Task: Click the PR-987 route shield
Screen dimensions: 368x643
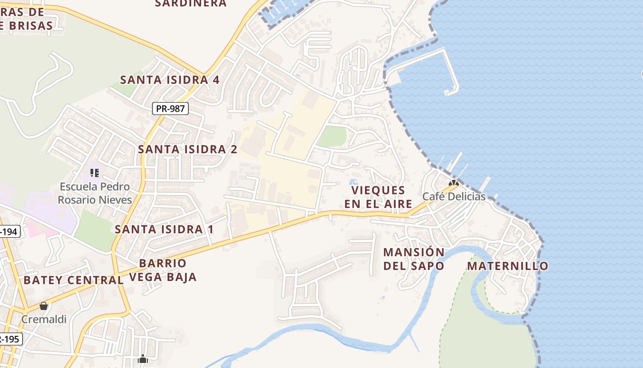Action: tap(170, 109)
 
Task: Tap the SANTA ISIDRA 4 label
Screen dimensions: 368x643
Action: tap(170, 80)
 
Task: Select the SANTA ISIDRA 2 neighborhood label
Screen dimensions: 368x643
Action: tap(187, 149)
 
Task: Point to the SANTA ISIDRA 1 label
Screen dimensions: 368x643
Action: tap(164, 229)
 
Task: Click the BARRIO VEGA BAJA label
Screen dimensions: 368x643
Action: tap(163, 270)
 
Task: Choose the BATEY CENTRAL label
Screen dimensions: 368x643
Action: tap(73, 280)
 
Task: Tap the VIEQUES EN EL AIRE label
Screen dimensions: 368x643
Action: tap(375, 197)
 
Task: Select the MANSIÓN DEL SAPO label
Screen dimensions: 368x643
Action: tap(413, 259)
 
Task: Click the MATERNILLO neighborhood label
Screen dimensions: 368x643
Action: tap(508, 266)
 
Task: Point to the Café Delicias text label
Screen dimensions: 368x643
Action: tap(454, 196)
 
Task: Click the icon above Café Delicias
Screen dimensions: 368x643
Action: tap(454, 183)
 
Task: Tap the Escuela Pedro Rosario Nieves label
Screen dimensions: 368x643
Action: tap(95, 193)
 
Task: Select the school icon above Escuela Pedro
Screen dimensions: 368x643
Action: tap(95, 173)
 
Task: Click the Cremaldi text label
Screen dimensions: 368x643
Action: tap(44, 319)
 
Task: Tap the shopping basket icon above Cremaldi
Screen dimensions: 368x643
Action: tap(44, 306)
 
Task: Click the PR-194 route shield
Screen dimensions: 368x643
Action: tap(9, 231)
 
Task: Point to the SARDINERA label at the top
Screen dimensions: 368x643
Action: tap(191, 4)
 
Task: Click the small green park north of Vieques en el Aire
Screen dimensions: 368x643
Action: tap(332, 137)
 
